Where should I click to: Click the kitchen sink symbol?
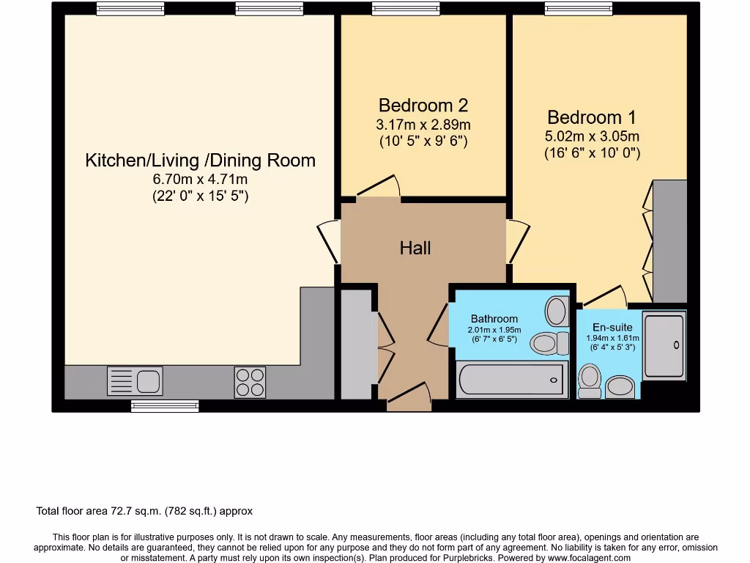tap(135, 381)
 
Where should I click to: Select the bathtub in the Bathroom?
tap(511, 380)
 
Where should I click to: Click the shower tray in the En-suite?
tap(664, 345)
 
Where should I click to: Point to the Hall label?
tap(415, 249)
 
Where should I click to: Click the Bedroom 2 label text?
tap(423, 106)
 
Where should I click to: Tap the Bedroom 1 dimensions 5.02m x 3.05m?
tap(592, 136)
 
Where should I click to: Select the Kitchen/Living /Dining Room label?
tap(200, 161)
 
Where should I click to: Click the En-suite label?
tap(612, 328)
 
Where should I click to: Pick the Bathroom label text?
tap(494, 319)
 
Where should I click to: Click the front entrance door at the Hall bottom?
tap(409, 394)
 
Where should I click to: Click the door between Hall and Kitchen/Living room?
tap(327, 243)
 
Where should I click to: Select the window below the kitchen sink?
tap(165, 405)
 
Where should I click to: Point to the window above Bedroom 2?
tap(406, 9)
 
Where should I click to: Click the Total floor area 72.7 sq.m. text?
tap(144, 511)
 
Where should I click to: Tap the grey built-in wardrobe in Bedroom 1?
tap(669, 241)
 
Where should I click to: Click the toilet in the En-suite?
tap(590, 381)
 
